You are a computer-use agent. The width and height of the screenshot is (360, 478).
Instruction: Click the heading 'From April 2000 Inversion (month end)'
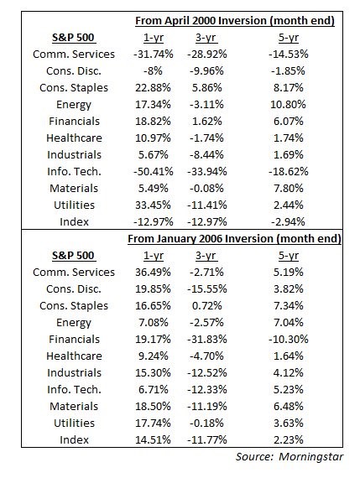click(x=235, y=21)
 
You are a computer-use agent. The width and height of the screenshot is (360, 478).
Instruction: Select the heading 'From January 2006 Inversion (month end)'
click(x=234, y=238)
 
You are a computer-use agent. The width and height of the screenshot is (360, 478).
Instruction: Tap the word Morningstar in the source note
click(x=310, y=457)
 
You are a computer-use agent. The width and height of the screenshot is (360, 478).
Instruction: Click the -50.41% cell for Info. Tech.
click(x=154, y=171)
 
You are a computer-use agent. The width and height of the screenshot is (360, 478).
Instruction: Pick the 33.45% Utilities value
click(x=154, y=205)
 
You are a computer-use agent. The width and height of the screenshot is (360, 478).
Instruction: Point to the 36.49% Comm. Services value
click(x=154, y=272)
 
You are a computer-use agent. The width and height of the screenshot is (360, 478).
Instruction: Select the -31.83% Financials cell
click(x=207, y=339)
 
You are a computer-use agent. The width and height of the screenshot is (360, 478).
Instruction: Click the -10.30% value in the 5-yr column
click(x=289, y=339)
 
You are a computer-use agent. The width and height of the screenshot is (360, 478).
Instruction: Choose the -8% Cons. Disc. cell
click(x=154, y=70)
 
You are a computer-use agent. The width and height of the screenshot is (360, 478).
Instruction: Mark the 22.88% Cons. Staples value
click(x=154, y=87)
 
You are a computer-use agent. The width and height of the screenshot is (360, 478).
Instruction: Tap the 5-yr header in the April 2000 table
click(x=289, y=38)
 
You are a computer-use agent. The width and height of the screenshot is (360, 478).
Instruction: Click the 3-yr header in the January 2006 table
click(x=206, y=256)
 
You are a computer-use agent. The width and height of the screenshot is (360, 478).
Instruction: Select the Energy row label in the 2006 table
click(x=74, y=323)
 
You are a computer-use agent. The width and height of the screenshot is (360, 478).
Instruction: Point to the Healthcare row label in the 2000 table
click(x=74, y=138)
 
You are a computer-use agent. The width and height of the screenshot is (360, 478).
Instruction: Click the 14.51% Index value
click(x=154, y=439)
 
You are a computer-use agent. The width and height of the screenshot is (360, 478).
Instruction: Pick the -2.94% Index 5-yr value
click(x=289, y=221)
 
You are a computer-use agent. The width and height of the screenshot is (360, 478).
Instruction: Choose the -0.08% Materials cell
click(x=206, y=188)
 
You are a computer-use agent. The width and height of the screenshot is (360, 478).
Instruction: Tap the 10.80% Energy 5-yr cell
click(x=289, y=104)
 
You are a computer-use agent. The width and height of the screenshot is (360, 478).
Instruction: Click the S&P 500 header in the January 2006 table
click(x=74, y=256)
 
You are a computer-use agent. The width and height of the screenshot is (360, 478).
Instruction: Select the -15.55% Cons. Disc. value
click(x=207, y=288)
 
